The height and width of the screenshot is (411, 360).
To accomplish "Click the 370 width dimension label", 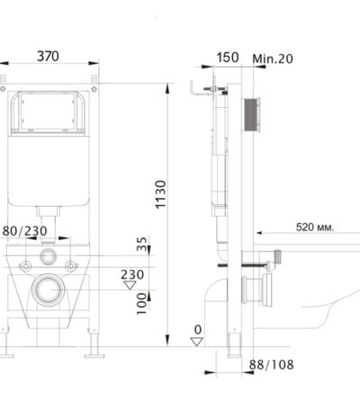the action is tap(48, 57).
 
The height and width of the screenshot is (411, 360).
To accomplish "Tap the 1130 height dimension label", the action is tap(160, 194).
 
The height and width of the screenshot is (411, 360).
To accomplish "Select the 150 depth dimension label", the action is tap(228, 58).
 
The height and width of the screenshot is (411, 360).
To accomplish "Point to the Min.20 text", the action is tap(273, 58).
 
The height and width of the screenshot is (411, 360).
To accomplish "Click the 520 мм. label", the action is tap(315, 228).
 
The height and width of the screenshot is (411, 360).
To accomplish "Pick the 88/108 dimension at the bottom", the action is tap(271, 365).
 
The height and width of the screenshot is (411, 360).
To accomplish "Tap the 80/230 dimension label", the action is tap(25, 231).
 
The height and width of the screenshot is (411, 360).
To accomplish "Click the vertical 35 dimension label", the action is tap(142, 244).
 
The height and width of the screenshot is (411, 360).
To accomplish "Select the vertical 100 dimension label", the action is tap(141, 304).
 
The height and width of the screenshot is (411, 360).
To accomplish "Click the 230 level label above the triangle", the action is tap(132, 274).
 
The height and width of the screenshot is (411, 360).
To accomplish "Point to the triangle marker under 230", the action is tap(130, 285).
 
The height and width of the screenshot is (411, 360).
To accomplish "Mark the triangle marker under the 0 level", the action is tap(197, 342).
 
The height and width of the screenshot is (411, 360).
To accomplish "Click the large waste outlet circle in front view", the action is tap(48, 290).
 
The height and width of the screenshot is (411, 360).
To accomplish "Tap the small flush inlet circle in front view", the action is tap(48, 256).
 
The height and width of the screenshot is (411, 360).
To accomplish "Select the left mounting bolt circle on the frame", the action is tap(25, 266).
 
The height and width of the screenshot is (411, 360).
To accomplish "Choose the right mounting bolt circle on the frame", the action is tap(70, 266).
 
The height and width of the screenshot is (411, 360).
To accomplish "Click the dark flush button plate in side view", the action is tap(251, 114).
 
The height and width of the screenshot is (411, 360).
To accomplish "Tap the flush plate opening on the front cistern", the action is tap(48, 112).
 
